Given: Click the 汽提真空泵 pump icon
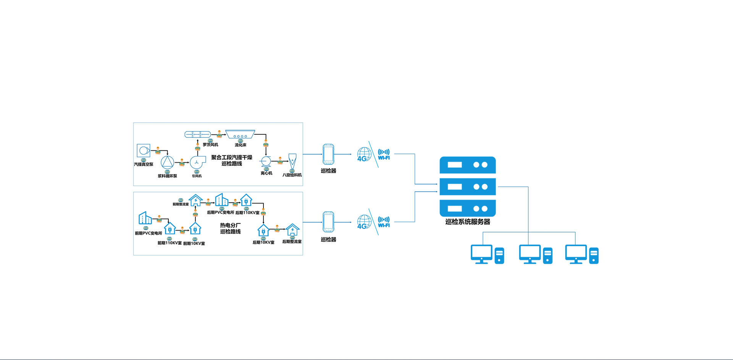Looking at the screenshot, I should (x=144, y=150).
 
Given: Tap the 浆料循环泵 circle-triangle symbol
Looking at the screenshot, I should (x=167, y=162).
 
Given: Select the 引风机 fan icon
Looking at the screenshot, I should (x=197, y=162).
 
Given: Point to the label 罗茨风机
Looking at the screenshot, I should (x=210, y=145).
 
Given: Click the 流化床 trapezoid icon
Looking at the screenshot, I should (x=240, y=134).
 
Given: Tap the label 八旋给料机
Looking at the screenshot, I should (x=292, y=175).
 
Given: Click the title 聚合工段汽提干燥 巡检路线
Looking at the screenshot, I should (x=232, y=160).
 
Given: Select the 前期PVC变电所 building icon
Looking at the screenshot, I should (x=145, y=218).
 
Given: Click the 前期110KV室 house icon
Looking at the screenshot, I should (x=170, y=228).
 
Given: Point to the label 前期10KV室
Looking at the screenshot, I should (x=194, y=244).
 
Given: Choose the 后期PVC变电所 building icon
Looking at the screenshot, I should (x=221, y=200).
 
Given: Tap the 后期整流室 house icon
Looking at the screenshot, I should (x=292, y=230).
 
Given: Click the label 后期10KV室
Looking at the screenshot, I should (x=263, y=242).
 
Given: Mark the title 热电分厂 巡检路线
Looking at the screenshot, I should (x=230, y=228).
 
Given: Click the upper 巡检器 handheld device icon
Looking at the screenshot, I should (x=328, y=154).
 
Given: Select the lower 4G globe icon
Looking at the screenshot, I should (x=364, y=222).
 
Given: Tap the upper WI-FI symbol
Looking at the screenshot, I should (x=384, y=154).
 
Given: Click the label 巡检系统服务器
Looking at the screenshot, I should (x=468, y=222).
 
